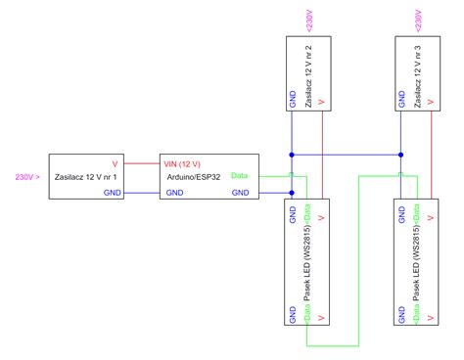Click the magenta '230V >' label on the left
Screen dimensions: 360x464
click(x=27, y=177)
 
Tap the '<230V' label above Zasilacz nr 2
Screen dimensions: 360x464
click(x=309, y=20)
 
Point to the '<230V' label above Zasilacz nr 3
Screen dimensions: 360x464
click(x=418, y=20)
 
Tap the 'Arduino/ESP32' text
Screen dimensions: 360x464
click(x=196, y=177)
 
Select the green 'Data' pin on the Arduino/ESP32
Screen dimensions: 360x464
click(x=240, y=177)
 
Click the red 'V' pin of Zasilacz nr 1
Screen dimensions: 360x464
click(x=116, y=161)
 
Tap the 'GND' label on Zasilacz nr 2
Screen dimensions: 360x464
click(x=292, y=101)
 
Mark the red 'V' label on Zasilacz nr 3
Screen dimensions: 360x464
click(x=431, y=101)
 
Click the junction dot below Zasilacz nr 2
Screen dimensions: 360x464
click(x=292, y=155)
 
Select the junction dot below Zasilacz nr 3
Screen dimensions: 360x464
click(x=401, y=155)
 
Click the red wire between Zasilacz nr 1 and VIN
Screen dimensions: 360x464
click(x=143, y=161)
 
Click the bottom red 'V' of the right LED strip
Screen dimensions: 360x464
click(x=431, y=319)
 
